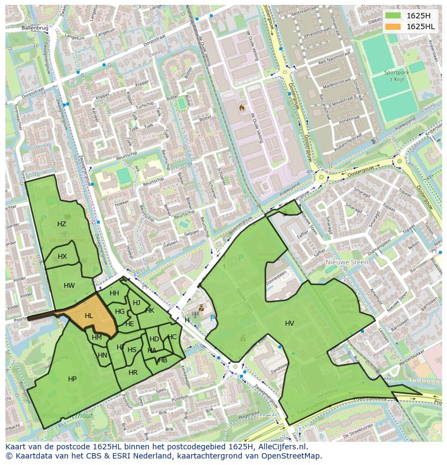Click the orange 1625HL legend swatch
[x=394, y=26]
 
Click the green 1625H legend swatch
[x=394, y=16]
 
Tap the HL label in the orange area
[x=89, y=316]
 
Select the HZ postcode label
[x=62, y=224]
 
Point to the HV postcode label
[x=289, y=323]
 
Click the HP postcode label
[x=72, y=379]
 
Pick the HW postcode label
[x=69, y=285]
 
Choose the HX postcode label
[x=62, y=256]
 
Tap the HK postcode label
[x=150, y=310]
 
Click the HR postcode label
[x=133, y=372]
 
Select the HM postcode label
[x=97, y=337]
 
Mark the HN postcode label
[x=103, y=355]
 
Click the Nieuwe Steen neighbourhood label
[x=347, y=262]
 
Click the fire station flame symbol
[x=242, y=107]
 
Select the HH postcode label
[x=114, y=293]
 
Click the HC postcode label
[x=172, y=336]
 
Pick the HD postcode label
[x=154, y=339]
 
